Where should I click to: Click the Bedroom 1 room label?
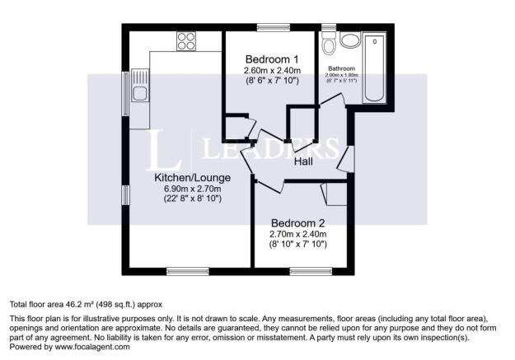coord(272,59)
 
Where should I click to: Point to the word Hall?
coord(306,162)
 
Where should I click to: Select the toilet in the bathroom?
coord(330,42)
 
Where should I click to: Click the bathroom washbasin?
coord(351,40)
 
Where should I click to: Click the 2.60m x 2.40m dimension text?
coord(272,71)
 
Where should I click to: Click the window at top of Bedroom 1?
coord(269,29)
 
